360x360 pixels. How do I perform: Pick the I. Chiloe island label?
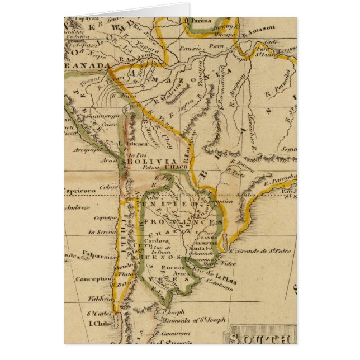click(x=101, y=323)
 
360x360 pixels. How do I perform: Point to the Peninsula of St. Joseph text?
click(x=193, y=320)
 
